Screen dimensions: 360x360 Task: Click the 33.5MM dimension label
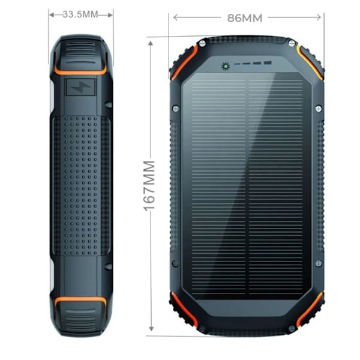80,14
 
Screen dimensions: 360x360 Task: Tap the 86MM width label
245,18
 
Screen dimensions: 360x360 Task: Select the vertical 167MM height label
149,186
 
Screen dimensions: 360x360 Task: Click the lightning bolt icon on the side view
80,87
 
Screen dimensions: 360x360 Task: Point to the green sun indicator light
226,67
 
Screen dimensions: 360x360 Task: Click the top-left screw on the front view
202,43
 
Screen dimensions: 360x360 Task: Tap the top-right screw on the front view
292,43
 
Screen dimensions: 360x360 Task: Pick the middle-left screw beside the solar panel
176,109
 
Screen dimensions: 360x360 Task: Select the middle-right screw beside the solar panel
319,109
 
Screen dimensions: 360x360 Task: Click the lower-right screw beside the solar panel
319,263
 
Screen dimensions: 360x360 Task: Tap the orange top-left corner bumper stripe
184,62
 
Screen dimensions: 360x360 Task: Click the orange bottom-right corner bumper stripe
310,309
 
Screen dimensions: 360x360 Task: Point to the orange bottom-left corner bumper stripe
184,309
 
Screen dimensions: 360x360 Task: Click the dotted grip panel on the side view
80,185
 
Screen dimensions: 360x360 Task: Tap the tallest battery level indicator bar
268,62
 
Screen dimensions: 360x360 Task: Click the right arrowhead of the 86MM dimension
319,17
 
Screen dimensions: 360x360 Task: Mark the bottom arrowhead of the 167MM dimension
151,329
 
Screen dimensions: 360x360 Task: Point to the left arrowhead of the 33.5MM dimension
52,15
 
